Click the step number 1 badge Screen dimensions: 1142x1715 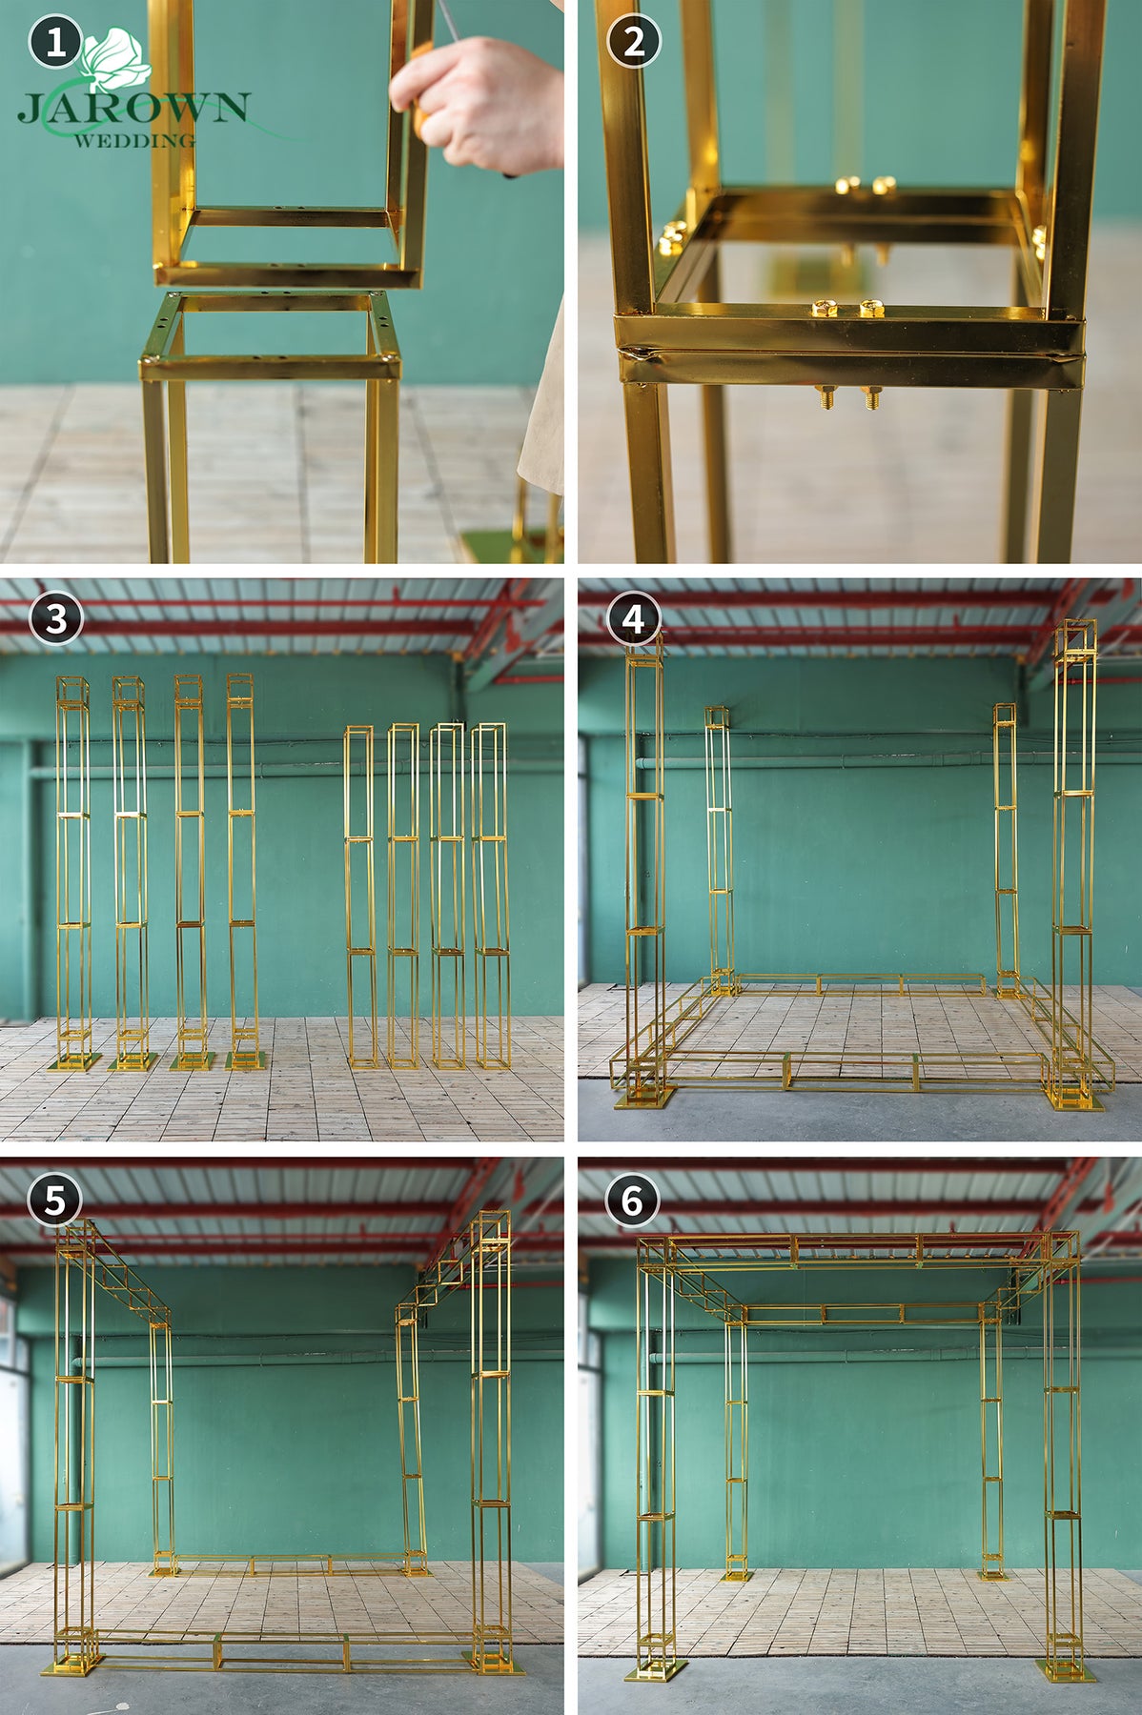click(55, 41)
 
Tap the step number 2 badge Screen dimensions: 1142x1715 click(634, 41)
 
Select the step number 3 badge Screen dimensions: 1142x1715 click(55, 618)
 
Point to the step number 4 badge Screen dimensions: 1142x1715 click(634, 618)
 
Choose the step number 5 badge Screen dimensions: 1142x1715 click(55, 1199)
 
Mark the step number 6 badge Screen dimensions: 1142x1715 click(634, 1199)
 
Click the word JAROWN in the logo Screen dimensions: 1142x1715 click(133, 107)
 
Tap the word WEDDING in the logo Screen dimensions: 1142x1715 click(134, 140)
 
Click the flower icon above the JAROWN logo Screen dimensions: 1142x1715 click(115, 57)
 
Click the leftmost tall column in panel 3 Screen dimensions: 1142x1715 click(73, 872)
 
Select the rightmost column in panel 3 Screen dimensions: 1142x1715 click(490, 896)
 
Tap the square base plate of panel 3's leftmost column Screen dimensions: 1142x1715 click(74, 1062)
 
